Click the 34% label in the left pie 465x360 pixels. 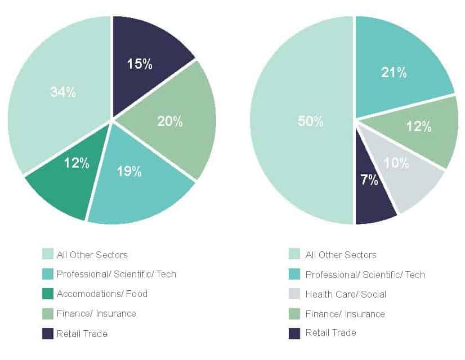62,92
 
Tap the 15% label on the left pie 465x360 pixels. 139,64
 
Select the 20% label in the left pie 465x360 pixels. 170,121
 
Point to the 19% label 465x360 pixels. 129,172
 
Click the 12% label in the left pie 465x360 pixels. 77,163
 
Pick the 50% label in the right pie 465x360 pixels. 311,121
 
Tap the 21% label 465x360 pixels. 394,72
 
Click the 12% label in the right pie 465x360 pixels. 419,127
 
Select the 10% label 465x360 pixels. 396,163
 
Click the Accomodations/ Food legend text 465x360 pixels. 102,294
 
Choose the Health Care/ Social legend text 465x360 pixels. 346,294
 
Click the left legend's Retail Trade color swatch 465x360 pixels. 48,334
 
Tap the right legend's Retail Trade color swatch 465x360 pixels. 294,333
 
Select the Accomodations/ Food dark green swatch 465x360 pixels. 48,294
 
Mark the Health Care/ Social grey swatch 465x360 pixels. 294,294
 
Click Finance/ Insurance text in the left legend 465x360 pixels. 96,313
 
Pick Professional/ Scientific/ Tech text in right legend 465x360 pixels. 365,274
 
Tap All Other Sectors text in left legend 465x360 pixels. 92,255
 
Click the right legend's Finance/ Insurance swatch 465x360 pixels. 294,313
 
